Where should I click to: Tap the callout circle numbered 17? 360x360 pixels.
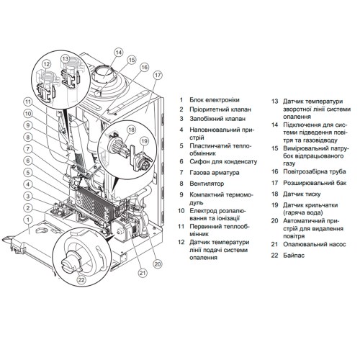(x=158, y=76)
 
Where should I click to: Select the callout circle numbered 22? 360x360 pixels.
(x=81, y=280)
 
